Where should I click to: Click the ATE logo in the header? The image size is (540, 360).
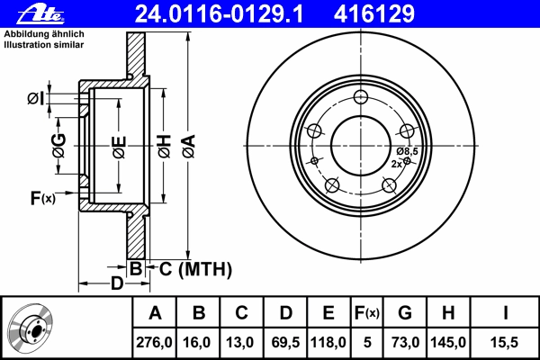coord(40,13)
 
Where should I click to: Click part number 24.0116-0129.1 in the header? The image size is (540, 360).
coord(219,14)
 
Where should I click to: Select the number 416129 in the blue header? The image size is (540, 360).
coord(374,14)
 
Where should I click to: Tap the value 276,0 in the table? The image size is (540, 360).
coord(154,342)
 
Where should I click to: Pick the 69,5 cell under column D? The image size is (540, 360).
coord(285,342)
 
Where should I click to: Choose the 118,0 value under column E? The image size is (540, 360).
coord(328,342)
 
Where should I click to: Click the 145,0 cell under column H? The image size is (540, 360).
coord(448,342)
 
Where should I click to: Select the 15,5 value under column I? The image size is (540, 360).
coord(504,342)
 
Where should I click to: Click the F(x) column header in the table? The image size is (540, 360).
coord(367,313)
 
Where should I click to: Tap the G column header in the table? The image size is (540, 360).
coord(405,313)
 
